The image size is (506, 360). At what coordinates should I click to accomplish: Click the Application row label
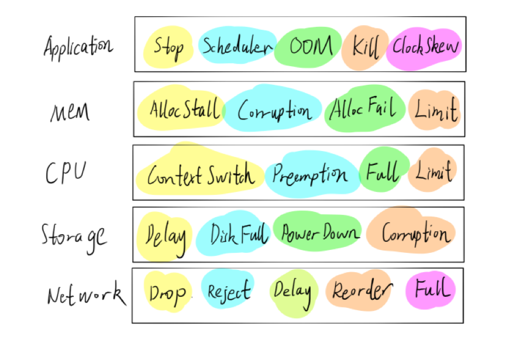[x=77, y=46]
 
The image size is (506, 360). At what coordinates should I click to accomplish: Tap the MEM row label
[x=70, y=111]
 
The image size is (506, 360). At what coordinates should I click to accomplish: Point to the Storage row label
[x=74, y=235]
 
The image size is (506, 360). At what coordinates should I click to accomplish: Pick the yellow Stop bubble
[x=168, y=46]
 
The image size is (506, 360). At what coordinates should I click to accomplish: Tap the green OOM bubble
[x=310, y=47]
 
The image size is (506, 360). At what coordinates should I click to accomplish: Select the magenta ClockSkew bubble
[x=425, y=46]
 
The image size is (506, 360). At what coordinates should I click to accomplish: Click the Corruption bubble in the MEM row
[x=274, y=111]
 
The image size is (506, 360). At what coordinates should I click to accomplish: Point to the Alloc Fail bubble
[x=366, y=108]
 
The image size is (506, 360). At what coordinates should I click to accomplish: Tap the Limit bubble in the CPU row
[x=433, y=172]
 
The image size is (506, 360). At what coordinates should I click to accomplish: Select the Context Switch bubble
[x=200, y=174]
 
